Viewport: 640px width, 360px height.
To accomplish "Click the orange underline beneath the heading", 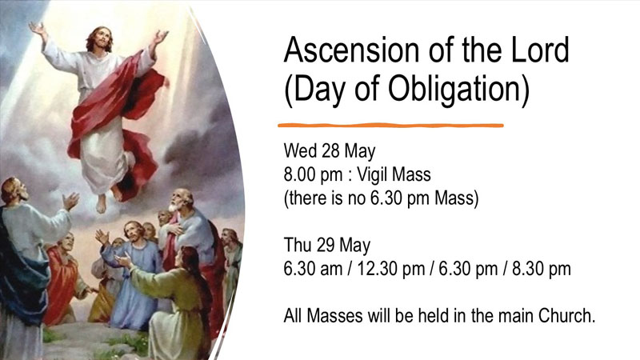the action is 390,126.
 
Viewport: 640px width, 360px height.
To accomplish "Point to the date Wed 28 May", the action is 330,151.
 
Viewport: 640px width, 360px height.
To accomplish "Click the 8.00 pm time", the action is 313,174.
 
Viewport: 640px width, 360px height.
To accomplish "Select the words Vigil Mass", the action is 394,174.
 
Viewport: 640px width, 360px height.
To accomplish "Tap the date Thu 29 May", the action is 327,246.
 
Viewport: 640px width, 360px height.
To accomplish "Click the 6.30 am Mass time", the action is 313,269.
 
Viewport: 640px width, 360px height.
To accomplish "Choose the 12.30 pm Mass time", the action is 390,269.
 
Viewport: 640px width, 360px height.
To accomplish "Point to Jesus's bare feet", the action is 109,198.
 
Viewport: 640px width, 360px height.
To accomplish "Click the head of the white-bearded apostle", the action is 178,200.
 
